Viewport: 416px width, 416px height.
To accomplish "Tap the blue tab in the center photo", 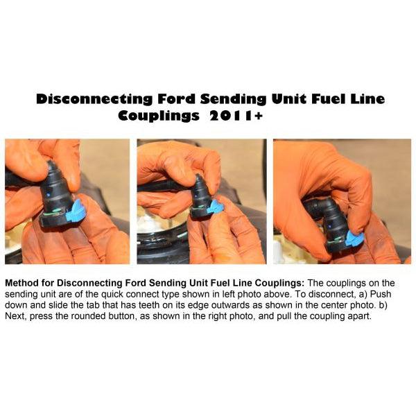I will [218, 207].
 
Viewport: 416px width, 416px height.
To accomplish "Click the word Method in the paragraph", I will [23, 284].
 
